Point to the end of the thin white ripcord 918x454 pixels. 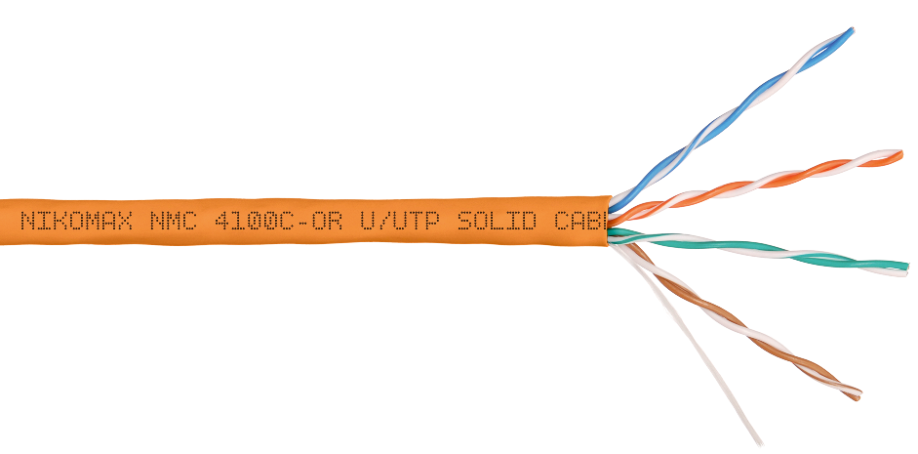coord(758,444)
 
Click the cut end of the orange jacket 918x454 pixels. coord(607,219)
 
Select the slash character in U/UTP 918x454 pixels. coord(384,222)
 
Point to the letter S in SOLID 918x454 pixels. coord(466,222)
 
